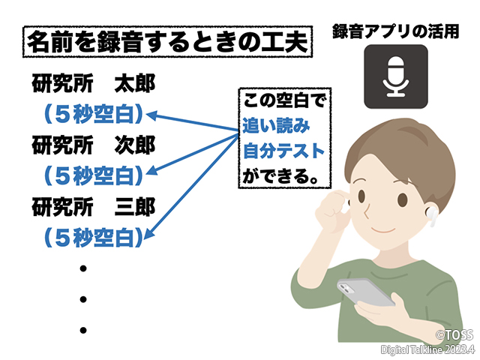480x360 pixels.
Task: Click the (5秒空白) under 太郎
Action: coord(91,115)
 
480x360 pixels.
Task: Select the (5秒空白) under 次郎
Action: coord(91,175)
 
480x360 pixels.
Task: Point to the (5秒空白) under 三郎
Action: coord(91,236)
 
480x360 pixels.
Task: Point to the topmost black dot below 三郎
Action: coord(84,268)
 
